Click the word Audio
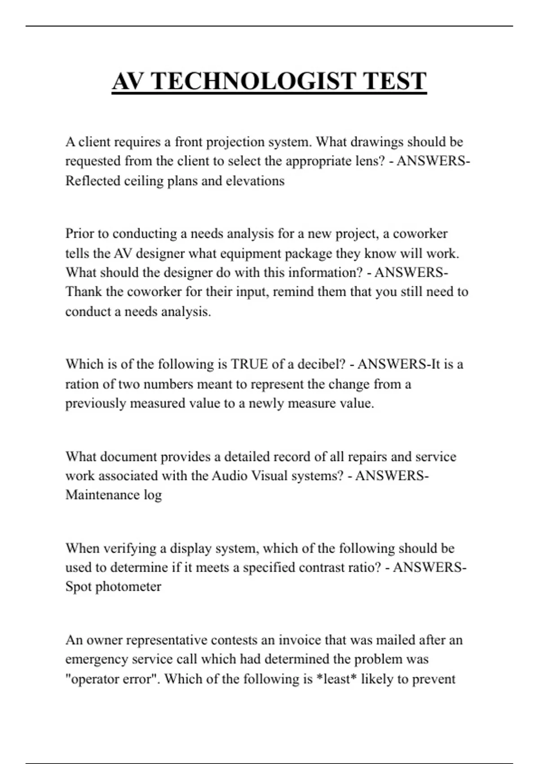pos(228,475)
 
